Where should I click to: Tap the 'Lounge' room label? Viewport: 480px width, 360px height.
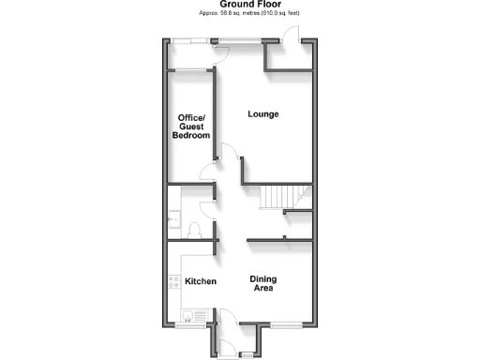point(263,114)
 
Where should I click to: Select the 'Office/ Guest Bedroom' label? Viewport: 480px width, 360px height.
point(191,127)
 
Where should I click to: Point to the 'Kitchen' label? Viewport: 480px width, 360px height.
point(201,281)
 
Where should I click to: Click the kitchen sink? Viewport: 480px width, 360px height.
point(187,314)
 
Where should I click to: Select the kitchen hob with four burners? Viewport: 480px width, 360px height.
point(172,281)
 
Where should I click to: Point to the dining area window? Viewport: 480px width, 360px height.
point(281,323)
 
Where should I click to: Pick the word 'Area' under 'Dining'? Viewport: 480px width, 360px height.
point(264,290)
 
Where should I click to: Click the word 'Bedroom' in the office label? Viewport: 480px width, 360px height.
point(191,136)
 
